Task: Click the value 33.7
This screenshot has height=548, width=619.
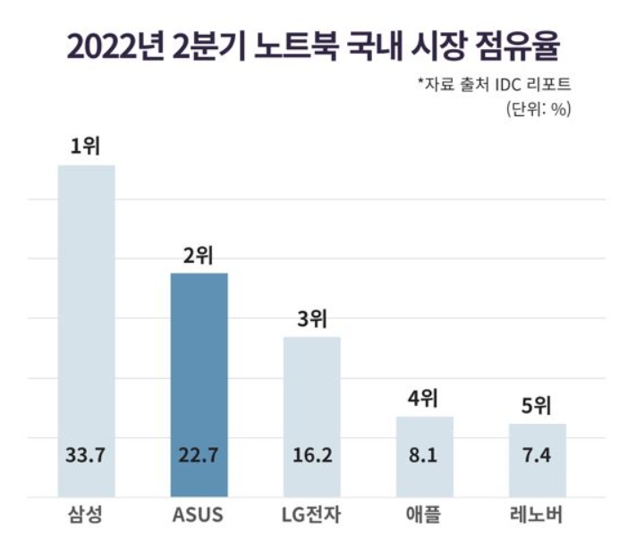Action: click(87, 456)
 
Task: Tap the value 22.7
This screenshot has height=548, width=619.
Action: click(199, 456)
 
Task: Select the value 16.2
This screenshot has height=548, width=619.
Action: click(312, 456)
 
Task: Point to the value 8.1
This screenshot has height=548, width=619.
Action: click(425, 456)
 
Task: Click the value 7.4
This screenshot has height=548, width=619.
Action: click(538, 456)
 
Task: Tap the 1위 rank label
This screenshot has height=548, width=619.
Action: click(87, 148)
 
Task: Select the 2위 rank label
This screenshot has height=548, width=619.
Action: click(199, 256)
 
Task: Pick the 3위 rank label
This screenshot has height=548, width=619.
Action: click(312, 319)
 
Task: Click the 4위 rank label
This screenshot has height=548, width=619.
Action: click(425, 398)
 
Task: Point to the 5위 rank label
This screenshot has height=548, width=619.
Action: click(538, 406)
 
